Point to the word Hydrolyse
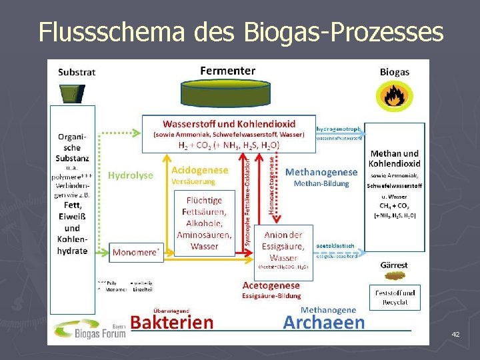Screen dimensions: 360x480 pos(131,175)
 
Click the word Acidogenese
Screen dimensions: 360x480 pos(199,170)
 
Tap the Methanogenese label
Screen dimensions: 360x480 pos(321,172)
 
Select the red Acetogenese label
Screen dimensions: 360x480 pos(271,285)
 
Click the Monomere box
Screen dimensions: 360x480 pos(136,253)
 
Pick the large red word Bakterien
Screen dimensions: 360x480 pos(172,322)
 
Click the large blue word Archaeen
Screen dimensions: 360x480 pos(324,322)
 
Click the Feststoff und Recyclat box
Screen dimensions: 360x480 pos(395,297)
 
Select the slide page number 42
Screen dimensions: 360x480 pos(455,333)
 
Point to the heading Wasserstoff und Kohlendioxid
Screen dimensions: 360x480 pos(228,123)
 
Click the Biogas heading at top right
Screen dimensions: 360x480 pos(395,71)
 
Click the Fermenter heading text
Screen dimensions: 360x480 pos(227,70)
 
